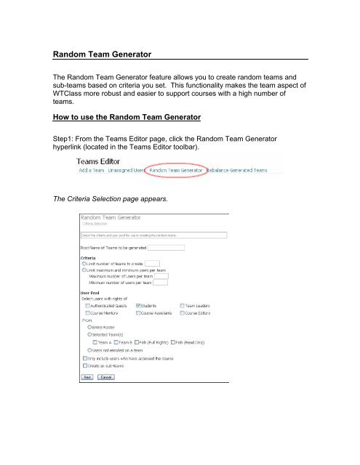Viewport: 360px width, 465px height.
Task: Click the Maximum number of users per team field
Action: pos(161,276)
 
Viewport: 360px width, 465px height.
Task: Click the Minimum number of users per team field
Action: pos(161,283)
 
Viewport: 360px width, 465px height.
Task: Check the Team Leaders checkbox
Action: pos(180,306)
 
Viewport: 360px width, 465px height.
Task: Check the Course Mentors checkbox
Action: pos(88,313)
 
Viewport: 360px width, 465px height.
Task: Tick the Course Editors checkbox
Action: pos(180,313)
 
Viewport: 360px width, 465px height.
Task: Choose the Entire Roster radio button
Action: pos(89,327)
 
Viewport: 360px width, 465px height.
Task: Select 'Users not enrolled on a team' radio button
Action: pos(89,349)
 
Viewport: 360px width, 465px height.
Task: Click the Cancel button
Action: pos(106,378)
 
